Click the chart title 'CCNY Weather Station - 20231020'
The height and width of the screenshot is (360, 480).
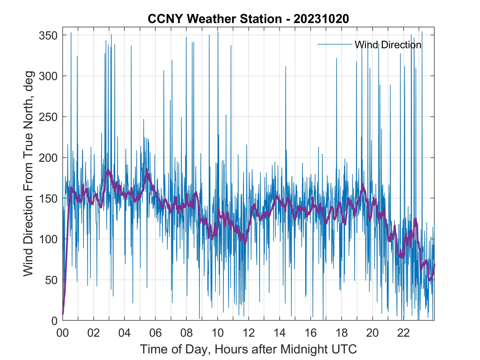tap(248, 19)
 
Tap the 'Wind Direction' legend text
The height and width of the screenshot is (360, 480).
tap(388, 45)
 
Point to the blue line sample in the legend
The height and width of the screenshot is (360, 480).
tap(335, 44)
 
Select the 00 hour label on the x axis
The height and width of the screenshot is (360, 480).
tap(63, 333)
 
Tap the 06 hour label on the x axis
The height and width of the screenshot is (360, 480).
tap(156, 333)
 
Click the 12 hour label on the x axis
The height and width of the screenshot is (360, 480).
tap(249, 333)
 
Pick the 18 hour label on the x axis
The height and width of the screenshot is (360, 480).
tap(341, 333)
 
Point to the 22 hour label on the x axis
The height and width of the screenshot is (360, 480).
tap(403, 333)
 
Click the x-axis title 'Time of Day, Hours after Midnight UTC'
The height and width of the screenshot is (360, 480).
tap(249, 349)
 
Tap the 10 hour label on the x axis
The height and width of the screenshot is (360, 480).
tap(218, 333)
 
